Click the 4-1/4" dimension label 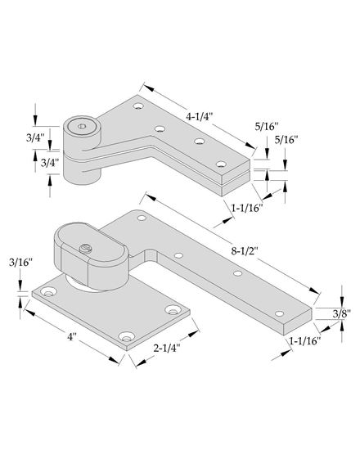[x=199, y=117]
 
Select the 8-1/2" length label [x=245, y=251]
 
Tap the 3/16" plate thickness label [x=20, y=263]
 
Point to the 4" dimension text [x=72, y=336]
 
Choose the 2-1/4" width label [x=167, y=348]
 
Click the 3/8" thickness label [x=342, y=314]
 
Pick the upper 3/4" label [x=35, y=137]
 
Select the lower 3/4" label [x=50, y=163]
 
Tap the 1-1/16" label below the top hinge [x=247, y=208]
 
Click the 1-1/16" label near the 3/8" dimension [x=304, y=341]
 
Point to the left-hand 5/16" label [x=267, y=127]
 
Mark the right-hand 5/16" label [x=286, y=140]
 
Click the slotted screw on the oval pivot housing [x=85, y=248]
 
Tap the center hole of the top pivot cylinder [x=82, y=126]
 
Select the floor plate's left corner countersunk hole [x=48, y=292]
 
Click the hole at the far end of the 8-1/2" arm [x=279, y=313]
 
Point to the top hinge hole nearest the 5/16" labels [x=221, y=164]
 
